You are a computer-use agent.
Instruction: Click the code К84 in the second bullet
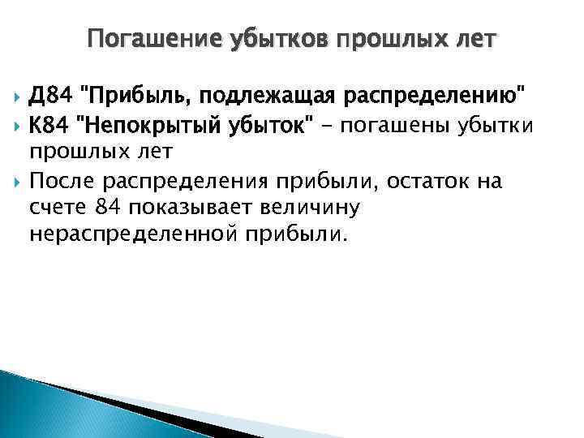pos(48,126)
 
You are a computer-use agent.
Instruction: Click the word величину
pos(314,208)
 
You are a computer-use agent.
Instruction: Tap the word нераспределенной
pos(135,234)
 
